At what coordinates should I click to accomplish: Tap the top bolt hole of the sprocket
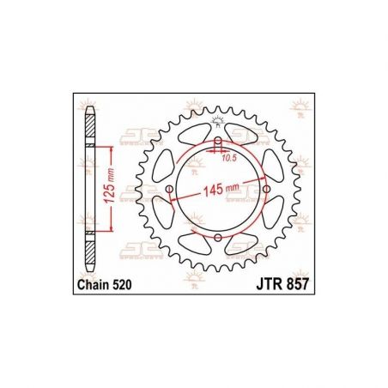(218, 142)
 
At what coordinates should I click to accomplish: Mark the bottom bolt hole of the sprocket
(218, 238)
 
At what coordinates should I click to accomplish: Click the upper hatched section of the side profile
(90, 127)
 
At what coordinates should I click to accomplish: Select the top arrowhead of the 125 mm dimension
(110, 149)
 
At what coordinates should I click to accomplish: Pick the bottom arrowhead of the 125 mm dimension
(110, 229)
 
